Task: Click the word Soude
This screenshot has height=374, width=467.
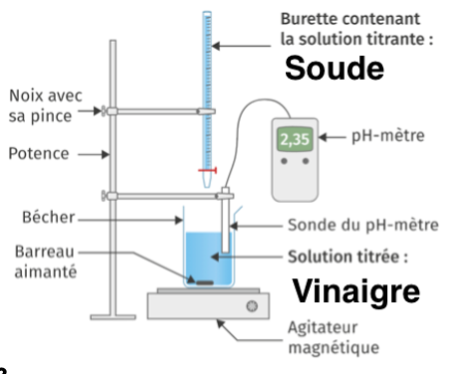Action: (x=335, y=68)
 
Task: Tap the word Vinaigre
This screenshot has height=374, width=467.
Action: (x=356, y=291)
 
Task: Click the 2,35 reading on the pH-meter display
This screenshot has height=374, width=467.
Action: (x=295, y=139)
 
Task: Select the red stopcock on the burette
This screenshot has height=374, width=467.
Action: (x=207, y=170)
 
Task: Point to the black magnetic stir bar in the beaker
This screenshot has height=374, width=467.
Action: (x=205, y=282)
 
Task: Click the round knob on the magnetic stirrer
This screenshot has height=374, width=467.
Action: (x=252, y=306)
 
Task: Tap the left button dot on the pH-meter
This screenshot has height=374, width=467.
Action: (x=284, y=161)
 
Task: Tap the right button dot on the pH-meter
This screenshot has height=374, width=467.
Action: (x=306, y=161)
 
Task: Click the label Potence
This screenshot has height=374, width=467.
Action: (x=39, y=153)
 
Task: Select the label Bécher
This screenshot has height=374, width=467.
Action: (x=49, y=217)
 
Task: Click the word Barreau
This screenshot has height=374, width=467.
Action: (x=44, y=252)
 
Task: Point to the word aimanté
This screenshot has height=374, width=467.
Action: (x=46, y=272)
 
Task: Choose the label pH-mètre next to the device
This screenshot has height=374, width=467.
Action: (x=388, y=136)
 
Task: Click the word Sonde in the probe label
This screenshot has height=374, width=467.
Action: (x=310, y=225)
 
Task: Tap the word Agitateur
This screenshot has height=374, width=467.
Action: (x=323, y=328)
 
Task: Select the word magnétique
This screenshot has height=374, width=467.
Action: (x=334, y=348)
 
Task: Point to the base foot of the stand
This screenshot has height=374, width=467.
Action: (x=113, y=317)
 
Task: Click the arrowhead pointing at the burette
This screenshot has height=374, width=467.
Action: (x=216, y=46)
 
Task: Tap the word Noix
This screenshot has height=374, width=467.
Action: (x=27, y=95)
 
